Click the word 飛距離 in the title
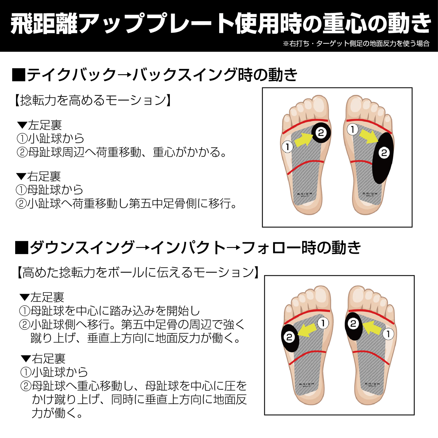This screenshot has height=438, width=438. click(x=44, y=24)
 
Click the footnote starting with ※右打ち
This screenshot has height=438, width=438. click(x=356, y=43)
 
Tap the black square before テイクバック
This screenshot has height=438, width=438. click(x=18, y=75)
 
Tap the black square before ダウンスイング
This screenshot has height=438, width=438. click(x=22, y=247)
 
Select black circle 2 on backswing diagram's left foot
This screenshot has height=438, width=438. click(x=321, y=133)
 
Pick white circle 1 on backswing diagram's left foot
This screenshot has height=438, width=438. click(x=288, y=147)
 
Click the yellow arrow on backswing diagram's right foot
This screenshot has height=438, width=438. click(x=369, y=136)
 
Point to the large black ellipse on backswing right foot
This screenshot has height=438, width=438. click(x=383, y=158)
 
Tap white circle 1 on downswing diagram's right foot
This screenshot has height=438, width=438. click(x=388, y=334)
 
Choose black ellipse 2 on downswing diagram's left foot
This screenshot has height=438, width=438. click(x=290, y=338)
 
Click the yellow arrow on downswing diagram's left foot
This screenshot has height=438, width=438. click(x=307, y=331)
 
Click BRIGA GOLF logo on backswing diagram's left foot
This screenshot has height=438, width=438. click(x=305, y=195)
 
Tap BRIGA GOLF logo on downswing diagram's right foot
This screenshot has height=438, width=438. click(x=373, y=385)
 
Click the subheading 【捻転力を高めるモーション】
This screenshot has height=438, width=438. click(x=93, y=100)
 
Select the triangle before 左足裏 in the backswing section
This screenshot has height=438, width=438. click(x=22, y=125)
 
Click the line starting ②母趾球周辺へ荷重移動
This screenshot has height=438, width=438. click(x=122, y=152)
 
